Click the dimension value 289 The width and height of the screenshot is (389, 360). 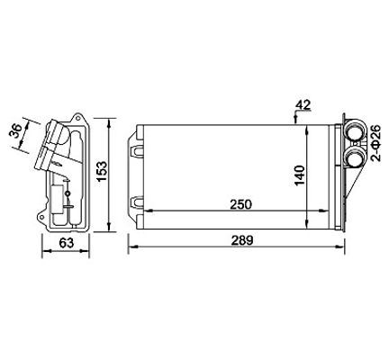click(x=242, y=240)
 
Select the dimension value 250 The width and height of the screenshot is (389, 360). click(x=240, y=204)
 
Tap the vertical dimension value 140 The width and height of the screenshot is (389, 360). click(x=300, y=175)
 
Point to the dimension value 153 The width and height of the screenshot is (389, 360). click(x=102, y=171)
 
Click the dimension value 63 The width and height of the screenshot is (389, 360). click(x=66, y=243)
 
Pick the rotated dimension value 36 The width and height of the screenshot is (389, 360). click(x=15, y=130)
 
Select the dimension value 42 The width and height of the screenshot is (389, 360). click(x=303, y=104)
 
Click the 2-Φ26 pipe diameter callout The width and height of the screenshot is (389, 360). click(x=375, y=143)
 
